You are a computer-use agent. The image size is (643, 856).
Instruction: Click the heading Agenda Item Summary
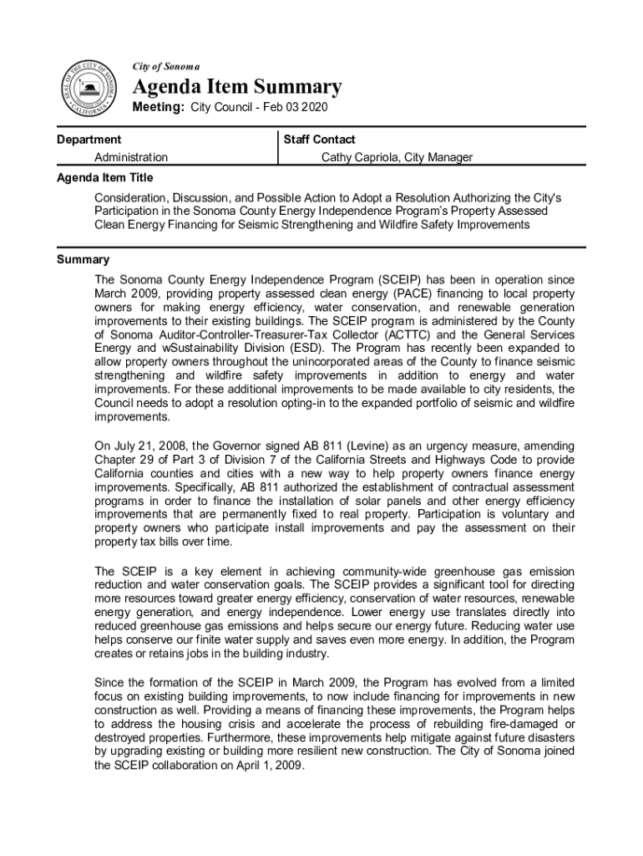237,87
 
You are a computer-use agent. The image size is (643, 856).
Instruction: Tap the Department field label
89,140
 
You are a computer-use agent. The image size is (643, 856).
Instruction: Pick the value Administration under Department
131,157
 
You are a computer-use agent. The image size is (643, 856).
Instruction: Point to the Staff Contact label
319,140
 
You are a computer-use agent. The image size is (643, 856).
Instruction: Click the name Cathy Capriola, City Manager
397,157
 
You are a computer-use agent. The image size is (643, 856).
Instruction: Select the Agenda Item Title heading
104,178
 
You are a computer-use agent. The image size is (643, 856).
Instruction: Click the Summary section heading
83,260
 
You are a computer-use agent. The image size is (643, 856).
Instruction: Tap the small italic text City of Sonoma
166,65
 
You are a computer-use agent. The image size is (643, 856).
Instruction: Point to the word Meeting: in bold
159,108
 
